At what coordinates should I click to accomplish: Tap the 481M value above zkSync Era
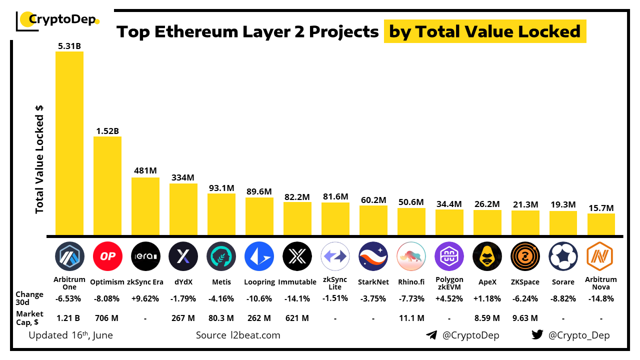tap(145, 170)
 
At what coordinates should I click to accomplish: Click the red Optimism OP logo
tap(107, 256)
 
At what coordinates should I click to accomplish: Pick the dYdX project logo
tap(183, 256)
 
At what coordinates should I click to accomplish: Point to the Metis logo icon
tap(221, 256)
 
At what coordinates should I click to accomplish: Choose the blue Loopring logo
tap(259, 256)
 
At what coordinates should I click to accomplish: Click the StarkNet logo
tap(373, 256)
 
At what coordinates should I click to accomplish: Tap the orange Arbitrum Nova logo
tap(600, 256)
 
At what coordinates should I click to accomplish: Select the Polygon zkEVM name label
tap(449, 283)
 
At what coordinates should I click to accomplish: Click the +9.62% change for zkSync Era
tap(145, 298)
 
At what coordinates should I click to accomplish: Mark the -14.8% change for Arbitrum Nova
tap(601, 298)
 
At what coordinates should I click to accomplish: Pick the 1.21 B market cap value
tap(69, 318)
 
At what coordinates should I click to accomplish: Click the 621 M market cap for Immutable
tap(297, 318)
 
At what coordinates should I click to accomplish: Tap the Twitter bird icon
tap(537, 335)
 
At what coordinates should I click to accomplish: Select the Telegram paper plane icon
tap(431, 335)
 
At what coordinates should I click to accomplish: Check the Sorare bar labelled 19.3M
tap(563, 223)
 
